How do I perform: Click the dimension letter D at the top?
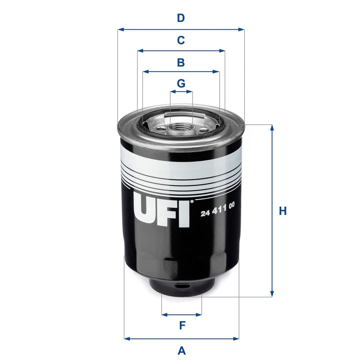point(181,18)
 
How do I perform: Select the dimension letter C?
point(181,40)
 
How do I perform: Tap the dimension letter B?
point(181,62)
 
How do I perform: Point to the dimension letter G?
point(181,83)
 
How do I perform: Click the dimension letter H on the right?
point(283,211)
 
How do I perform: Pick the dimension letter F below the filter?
point(182,325)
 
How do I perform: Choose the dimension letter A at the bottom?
point(182,350)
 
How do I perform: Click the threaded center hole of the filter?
point(181,127)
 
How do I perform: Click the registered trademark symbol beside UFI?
point(192,201)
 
